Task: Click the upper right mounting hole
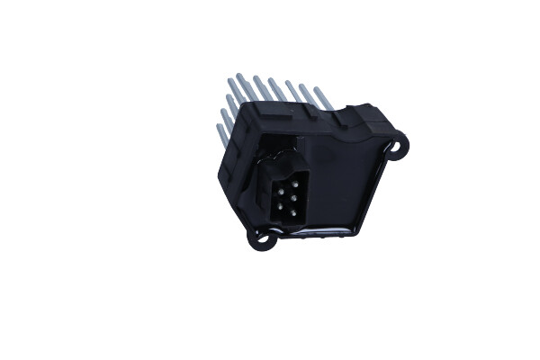click(397, 143)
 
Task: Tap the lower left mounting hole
click(263, 238)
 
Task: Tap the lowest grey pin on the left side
click(221, 135)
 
